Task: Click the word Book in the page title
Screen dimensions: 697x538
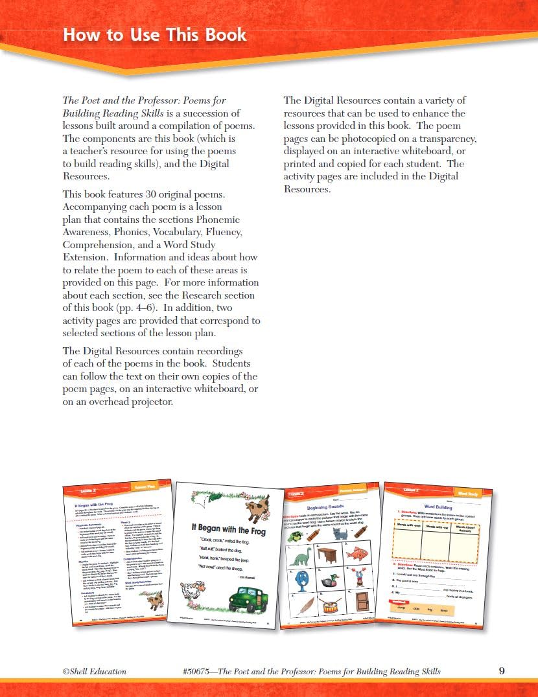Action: [x=220, y=34]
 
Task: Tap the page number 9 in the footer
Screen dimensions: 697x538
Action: [x=502, y=670]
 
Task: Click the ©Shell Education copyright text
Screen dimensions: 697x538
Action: [x=95, y=671]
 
